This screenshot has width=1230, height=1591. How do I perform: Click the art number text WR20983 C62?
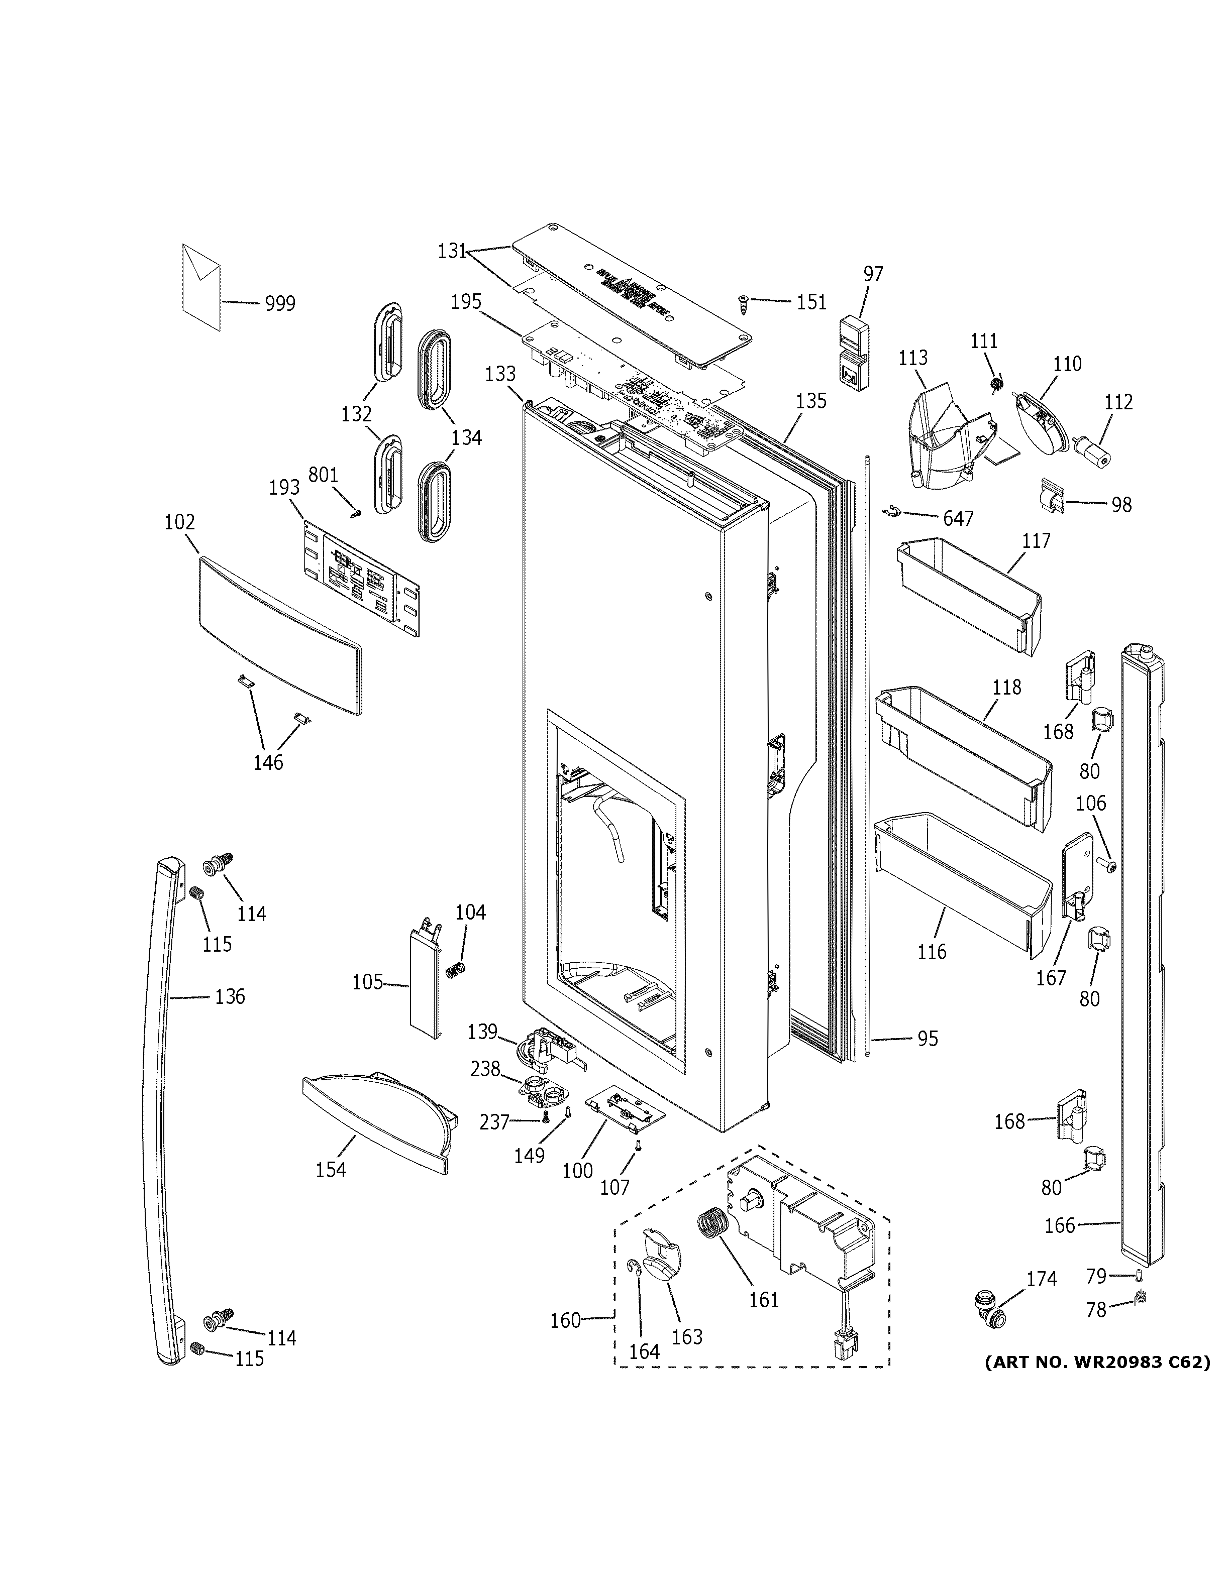tap(1097, 1361)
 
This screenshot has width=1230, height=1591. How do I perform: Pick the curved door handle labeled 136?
tap(161, 1107)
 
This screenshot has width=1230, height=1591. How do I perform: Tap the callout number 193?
tap(284, 487)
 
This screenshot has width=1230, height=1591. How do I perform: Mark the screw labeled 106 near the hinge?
tap(1110, 865)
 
